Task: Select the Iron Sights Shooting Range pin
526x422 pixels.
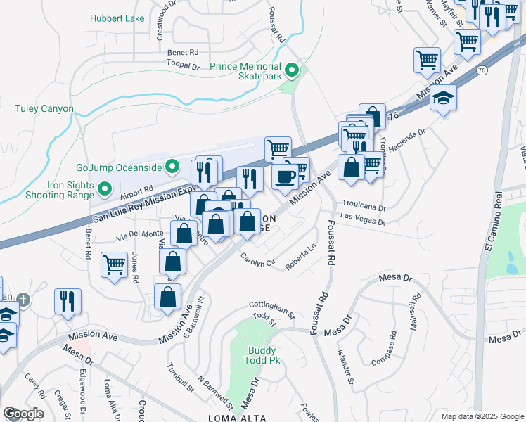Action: click(105, 188)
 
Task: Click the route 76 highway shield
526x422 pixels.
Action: click(482, 70)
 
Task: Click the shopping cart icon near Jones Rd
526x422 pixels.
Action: click(115, 266)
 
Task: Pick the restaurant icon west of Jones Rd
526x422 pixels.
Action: click(68, 300)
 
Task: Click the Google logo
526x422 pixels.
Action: click(23, 413)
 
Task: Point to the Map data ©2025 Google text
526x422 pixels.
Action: click(482, 416)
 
